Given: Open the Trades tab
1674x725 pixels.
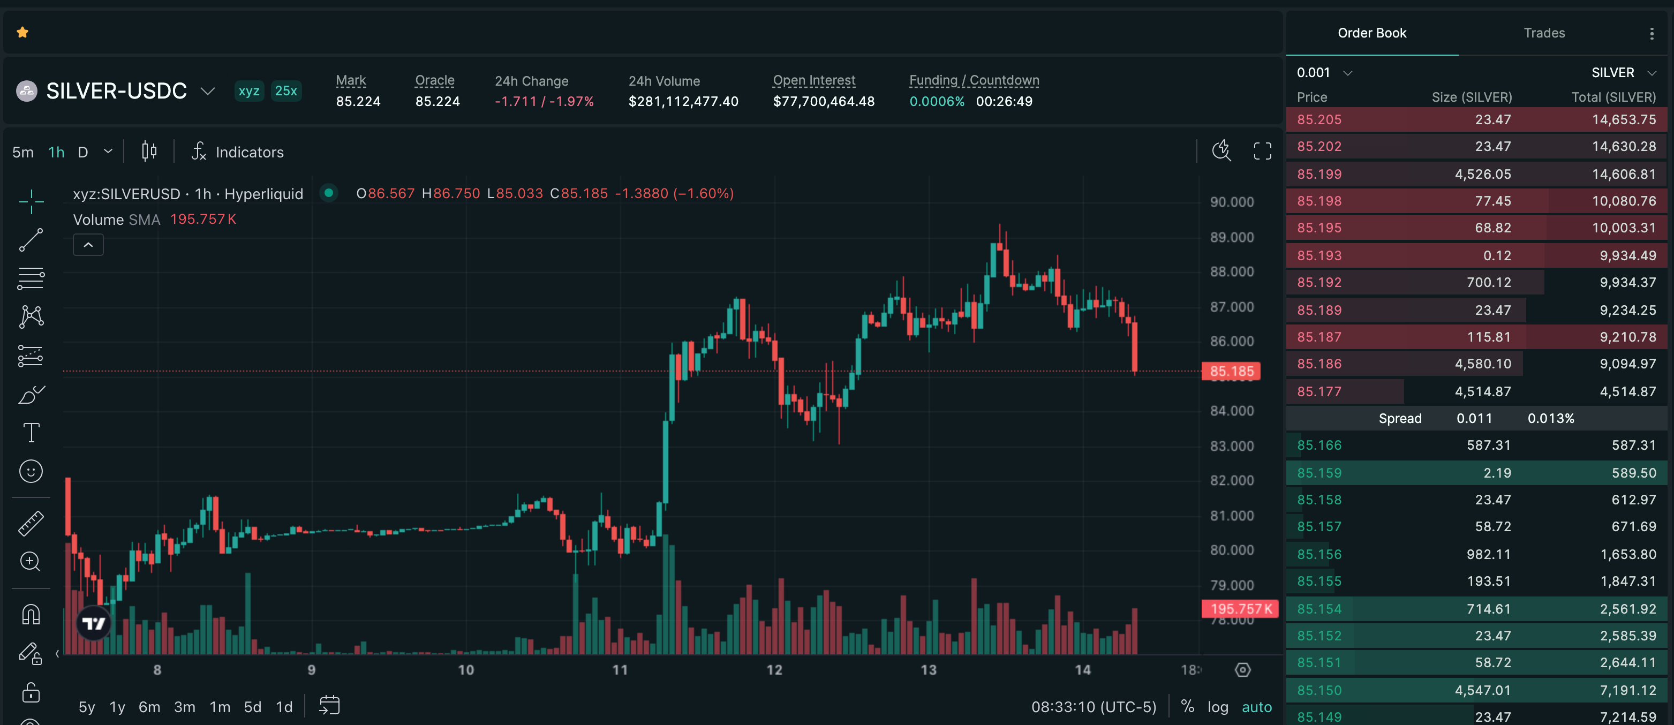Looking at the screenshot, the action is [x=1544, y=33].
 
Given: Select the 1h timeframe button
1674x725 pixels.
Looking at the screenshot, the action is [x=57, y=152].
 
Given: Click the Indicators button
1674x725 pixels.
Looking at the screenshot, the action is [x=238, y=152].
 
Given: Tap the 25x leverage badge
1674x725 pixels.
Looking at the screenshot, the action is [x=286, y=91].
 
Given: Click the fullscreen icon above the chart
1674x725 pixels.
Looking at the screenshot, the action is [x=1262, y=152].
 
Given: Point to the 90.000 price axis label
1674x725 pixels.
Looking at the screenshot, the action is [x=1232, y=202].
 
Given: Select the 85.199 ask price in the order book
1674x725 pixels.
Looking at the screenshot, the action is [x=1319, y=174].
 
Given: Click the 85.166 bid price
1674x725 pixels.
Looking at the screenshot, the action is [x=1319, y=445].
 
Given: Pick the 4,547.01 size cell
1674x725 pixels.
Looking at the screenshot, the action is [x=1482, y=690].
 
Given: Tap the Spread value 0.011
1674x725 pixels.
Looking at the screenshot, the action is [x=1474, y=418].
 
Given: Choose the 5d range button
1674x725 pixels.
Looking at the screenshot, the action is [x=252, y=707].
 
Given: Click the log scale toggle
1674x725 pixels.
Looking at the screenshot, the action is [x=1218, y=707].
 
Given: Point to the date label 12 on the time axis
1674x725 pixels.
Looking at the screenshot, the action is [x=774, y=670].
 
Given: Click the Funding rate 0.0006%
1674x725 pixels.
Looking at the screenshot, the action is [x=937, y=101].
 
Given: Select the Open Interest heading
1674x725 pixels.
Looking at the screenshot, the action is [x=813, y=80].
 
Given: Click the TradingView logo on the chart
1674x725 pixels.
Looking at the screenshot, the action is [x=94, y=624].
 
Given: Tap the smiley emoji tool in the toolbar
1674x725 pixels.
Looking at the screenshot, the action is [x=31, y=471].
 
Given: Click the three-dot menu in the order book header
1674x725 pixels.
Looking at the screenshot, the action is [x=1652, y=33].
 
